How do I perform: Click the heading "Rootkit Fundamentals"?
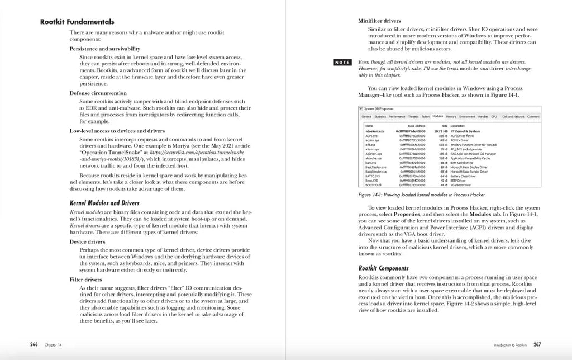pyautogui.click(x=77, y=22)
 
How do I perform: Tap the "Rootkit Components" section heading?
pyautogui.click(x=383, y=268)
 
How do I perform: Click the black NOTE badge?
pyautogui.click(x=342, y=62)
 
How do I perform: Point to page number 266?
pyautogui.click(x=34, y=345)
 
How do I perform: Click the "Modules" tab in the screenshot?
pyautogui.click(x=437, y=116)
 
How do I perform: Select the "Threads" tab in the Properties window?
pyautogui.click(x=413, y=116)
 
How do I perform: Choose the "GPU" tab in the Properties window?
pyautogui.click(x=494, y=116)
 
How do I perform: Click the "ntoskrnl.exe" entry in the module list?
pyautogui.click(x=375, y=131)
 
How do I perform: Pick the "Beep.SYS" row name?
pyautogui.click(x=370, y=181)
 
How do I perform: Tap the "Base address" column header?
pyautogui.click(x=417, y=126)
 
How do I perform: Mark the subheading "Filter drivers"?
pyautogui.click(x=85, y=278)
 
